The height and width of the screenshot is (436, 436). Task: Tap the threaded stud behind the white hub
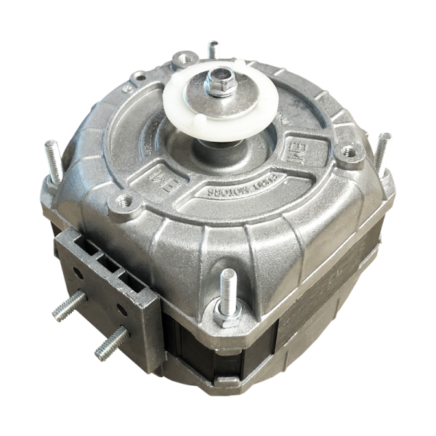[213, 50]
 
